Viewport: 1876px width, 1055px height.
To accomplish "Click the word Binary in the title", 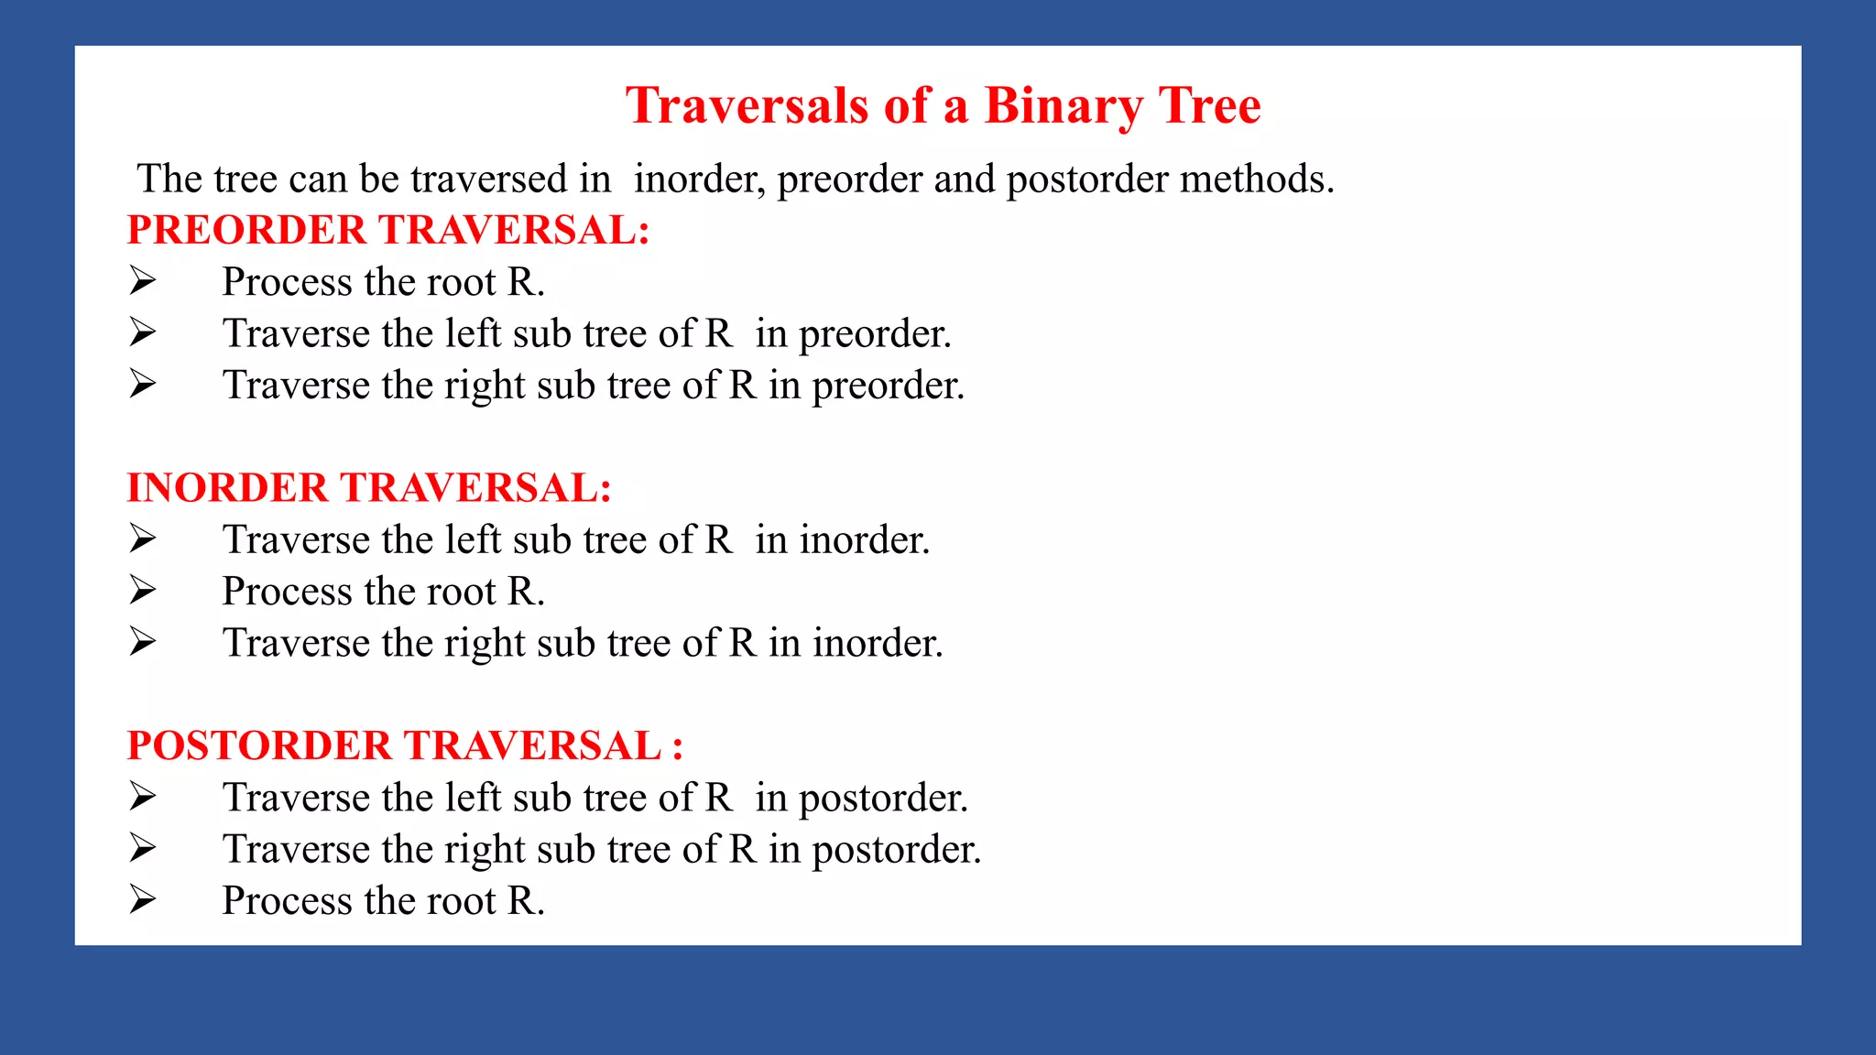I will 1063,105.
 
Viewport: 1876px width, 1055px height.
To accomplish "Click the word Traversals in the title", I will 747,105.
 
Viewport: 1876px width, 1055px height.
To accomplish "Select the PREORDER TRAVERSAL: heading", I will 388,230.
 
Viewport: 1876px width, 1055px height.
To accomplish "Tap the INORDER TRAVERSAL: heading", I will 369,488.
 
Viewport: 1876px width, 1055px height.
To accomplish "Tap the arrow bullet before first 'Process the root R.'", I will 143,280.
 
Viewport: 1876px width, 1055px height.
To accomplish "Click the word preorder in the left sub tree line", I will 875,334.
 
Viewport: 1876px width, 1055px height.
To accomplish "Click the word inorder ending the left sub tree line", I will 864,539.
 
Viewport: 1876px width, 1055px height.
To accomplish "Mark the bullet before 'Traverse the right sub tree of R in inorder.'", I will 143,641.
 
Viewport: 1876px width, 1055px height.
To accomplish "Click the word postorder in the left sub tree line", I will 883,798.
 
